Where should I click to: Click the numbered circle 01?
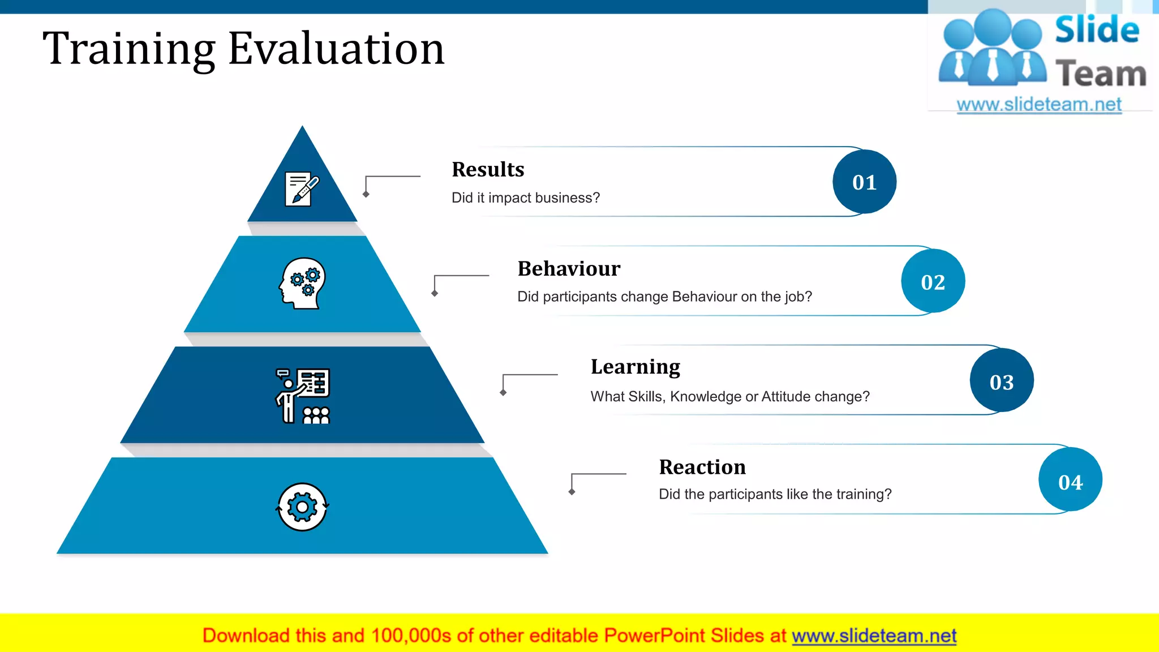pos(864,182)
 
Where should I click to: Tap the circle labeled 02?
pos(933,281)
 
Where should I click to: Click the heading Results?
pos(488,169)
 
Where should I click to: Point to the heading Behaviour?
pos(569,268)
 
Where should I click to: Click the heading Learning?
pos(635,367)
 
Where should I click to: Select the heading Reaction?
pos(702,467)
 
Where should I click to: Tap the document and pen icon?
pos(302,189)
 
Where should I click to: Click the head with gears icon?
pos(303,283)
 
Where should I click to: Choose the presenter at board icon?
pos(303,396)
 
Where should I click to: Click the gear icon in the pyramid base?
pos(302,507)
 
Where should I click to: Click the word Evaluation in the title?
pos(336,49)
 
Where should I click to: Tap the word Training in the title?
pos(129,49)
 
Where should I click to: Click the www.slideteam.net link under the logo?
pos(1039,104)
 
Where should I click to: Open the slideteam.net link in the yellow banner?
pos(874,636)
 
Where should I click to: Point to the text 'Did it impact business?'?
pos(525,198)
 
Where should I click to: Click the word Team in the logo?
pos(1100,74)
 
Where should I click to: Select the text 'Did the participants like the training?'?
pos(775,494)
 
